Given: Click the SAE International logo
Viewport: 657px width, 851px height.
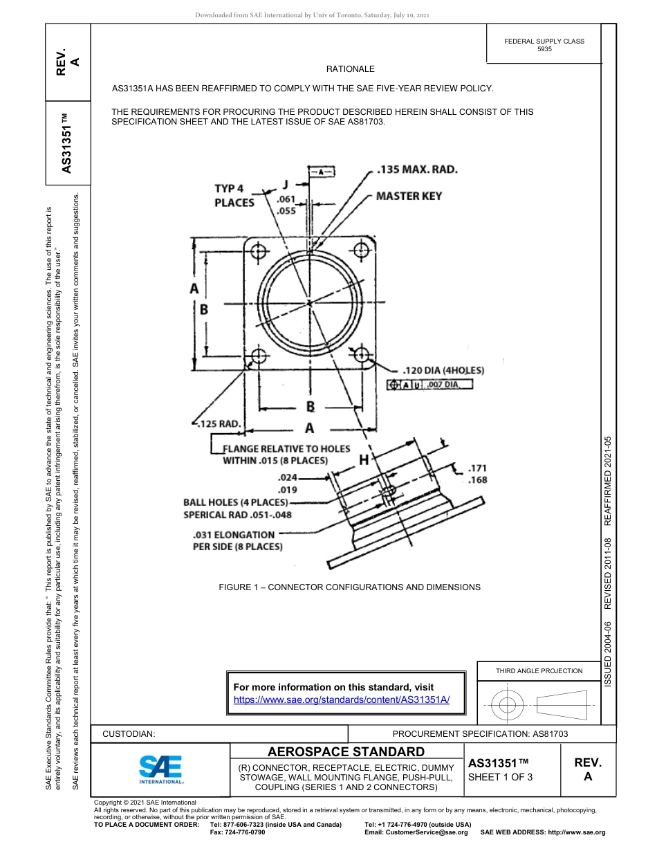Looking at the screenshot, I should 161,769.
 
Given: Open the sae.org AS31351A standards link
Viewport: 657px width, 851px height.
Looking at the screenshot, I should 342,699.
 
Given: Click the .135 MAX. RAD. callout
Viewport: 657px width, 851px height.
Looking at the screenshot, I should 417,170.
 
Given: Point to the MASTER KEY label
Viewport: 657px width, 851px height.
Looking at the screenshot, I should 409,196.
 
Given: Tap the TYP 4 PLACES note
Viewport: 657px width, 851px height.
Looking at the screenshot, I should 234,195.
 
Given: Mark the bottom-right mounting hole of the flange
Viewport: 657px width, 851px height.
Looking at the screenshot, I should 362,356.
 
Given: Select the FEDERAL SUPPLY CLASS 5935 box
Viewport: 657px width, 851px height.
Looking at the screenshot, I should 544,45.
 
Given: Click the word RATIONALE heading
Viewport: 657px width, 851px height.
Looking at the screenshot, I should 350,69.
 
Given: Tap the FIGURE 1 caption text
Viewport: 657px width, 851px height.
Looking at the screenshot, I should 349,587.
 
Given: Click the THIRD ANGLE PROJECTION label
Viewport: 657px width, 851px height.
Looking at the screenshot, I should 539,670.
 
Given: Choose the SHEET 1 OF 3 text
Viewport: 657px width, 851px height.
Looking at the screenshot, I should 500,776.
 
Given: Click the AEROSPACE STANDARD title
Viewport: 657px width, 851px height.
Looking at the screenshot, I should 346,752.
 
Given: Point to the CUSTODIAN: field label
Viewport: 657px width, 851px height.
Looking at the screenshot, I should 129,733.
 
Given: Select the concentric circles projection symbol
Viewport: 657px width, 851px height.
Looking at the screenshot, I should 508,705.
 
